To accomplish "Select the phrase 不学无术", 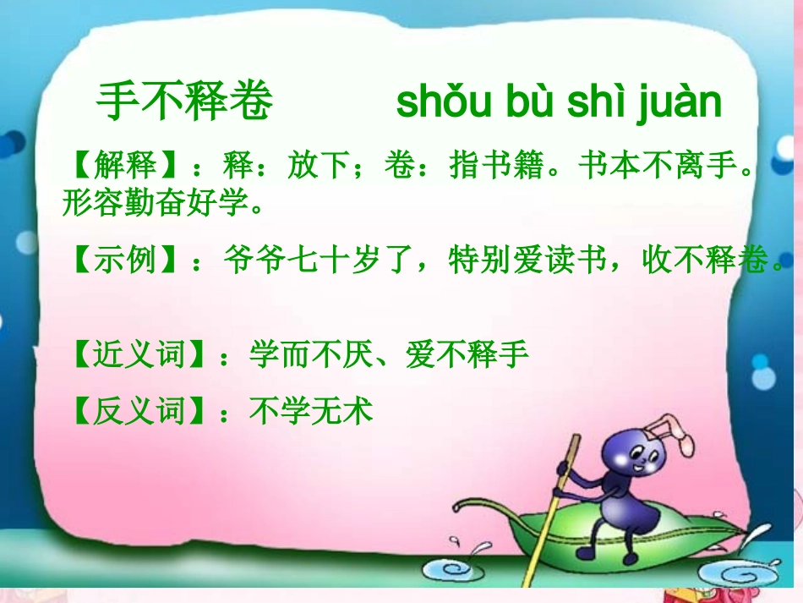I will [x=311, y=412].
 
